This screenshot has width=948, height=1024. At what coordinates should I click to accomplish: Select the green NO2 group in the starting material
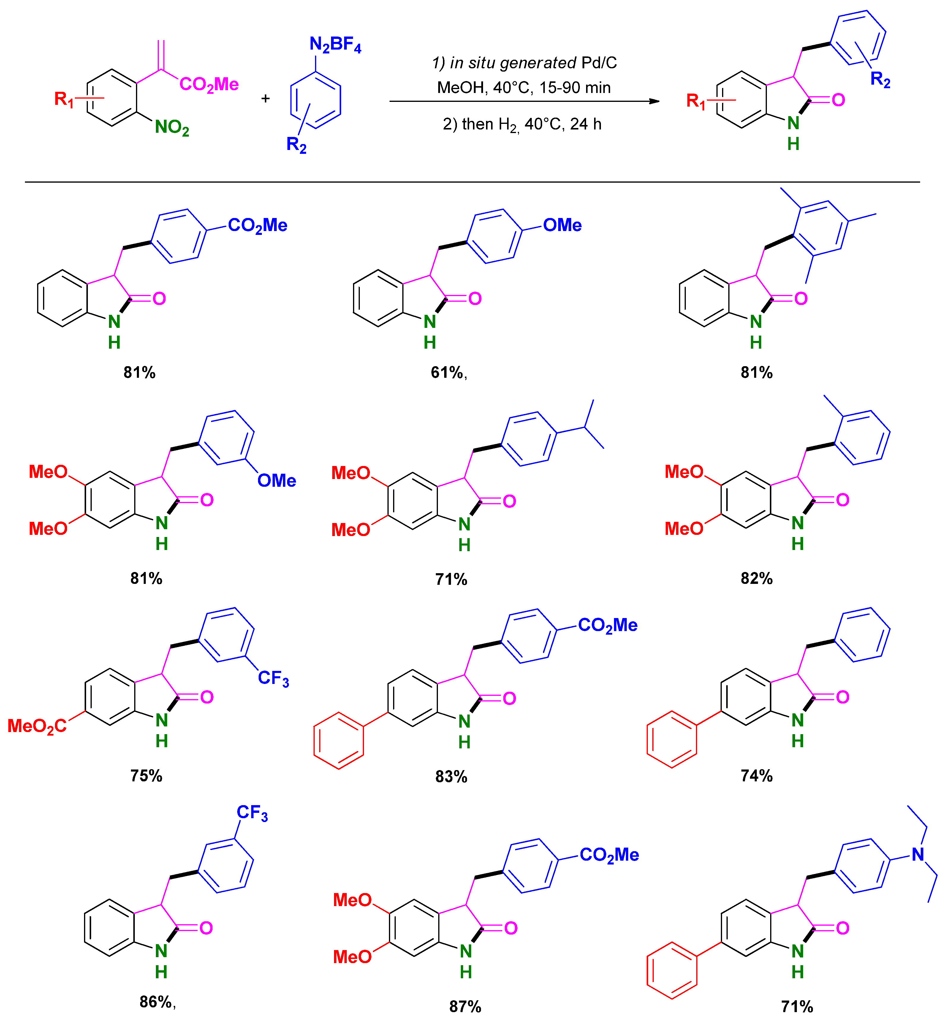click(x=172, y=127)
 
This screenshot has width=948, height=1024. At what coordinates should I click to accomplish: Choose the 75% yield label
click(x=146, y=775)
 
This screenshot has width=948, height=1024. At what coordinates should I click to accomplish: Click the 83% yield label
click(x=451, y=776)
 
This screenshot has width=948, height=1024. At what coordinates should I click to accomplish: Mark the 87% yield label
click(x=465, y=1006)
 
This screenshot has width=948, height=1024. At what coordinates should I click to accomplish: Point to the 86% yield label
click(x=156, y=1001)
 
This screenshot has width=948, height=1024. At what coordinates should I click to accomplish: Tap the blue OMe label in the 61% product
click(x=562, y=225)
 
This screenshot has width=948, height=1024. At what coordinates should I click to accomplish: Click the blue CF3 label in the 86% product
click(x=252, y=813)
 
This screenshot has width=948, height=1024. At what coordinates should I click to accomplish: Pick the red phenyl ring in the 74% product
click(x=672, y=739)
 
